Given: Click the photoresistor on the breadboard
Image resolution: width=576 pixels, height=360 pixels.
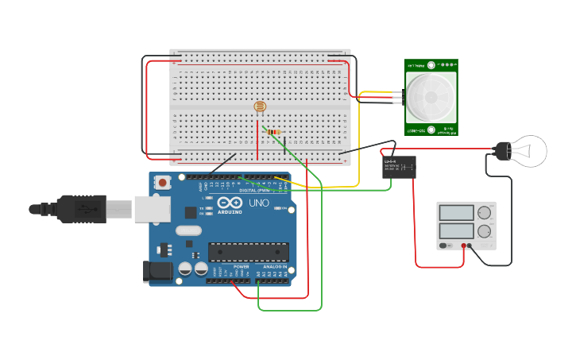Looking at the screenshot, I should pyautogui.click(x=259, y=106).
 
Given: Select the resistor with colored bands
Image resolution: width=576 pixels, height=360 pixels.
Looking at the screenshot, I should pyautogui.click(x=274, y=132).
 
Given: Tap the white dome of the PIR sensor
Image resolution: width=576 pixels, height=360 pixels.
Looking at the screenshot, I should pyautogui.click(x=431, y=97).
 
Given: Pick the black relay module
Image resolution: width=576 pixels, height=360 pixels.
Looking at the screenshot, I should pyautogui.click(x=399, y=167).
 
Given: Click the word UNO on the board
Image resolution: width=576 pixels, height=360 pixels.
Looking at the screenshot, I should pyautogui.click(x=260, y=203).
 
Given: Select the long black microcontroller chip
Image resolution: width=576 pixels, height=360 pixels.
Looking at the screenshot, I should pyautogui.click(x=248, y=252).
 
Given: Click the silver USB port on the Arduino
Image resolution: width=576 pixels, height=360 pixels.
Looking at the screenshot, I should pyautogui.click(x=152, y=208).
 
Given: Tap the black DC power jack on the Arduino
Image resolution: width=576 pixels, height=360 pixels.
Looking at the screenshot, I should pyautogui.click(x=157, y=272).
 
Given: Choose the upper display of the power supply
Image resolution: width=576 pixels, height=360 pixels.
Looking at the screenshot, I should pyautogui.click(x=457, y=213).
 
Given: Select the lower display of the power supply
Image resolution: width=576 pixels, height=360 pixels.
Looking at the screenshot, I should pyautogui.click(x=457, y=230).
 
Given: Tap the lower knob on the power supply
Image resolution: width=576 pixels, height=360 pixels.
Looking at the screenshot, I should pyautogui.click(x=484, y=230).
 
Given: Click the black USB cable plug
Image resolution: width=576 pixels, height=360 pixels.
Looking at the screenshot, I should pyautogui.click(x=79, y=208).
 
